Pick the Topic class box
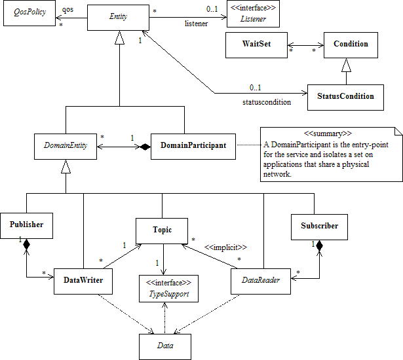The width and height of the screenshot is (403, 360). click(x=163, y=230)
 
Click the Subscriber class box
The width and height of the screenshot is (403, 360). click(x=318, y=226)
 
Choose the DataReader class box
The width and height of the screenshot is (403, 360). click(x=260, y=281)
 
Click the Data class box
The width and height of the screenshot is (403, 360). click(x=164, y=345)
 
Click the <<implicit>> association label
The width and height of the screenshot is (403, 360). click(x=225, y=248)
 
